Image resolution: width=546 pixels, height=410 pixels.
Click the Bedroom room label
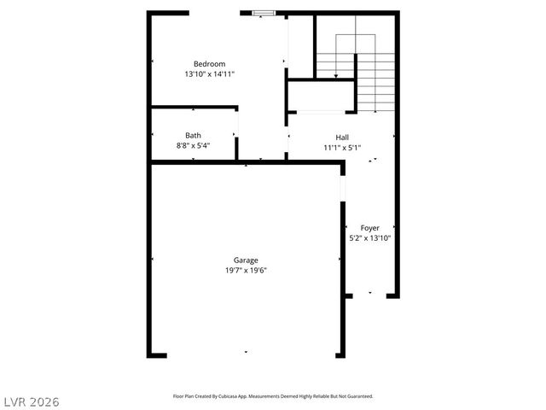point(209,64)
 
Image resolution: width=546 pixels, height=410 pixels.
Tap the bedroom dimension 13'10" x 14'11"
point(209,74)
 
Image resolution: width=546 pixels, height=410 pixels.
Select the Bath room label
point(194,135)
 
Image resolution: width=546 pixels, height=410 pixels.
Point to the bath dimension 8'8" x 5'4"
point(194,145)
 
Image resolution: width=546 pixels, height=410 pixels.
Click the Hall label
point(342,138)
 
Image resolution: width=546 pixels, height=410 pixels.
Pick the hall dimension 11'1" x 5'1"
point(342,148)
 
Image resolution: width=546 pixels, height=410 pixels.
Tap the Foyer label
point(370,228)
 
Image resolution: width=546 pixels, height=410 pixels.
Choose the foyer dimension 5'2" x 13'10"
point(370,238)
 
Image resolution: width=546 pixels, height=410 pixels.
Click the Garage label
point(247,261)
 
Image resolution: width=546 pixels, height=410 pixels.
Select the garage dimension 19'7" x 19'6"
point(247,271)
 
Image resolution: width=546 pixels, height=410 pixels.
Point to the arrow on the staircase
point(336,76)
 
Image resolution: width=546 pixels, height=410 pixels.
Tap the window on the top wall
point(264,13)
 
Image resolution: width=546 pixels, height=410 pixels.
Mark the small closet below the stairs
point(321,96)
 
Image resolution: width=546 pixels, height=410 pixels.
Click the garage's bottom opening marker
point(247,352)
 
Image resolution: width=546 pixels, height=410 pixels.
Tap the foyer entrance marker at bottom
point(370,293)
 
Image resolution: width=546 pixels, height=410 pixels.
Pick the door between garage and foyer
point(342,190)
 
